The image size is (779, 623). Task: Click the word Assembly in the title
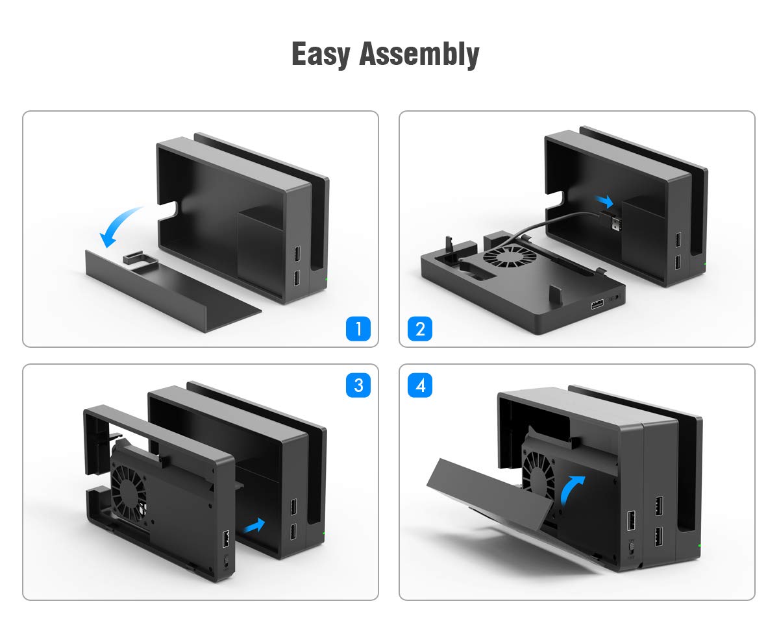pos(419,55)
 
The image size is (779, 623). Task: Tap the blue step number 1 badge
pos(358,328)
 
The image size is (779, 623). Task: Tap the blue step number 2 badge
pos(420,328)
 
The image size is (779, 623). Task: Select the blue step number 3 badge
pos(358,385)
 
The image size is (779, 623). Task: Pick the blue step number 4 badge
pos(420,385)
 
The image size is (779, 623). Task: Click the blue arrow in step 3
pos(254,525)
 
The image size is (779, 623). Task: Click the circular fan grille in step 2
pos(510,256)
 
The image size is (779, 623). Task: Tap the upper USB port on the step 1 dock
pos(297,254)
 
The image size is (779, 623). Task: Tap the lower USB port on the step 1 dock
pos(297,278)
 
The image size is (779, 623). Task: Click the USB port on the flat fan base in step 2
pos(597,304)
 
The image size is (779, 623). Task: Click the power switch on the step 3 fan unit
pos(227,563)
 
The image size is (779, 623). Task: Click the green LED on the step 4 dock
pos(700,546)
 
